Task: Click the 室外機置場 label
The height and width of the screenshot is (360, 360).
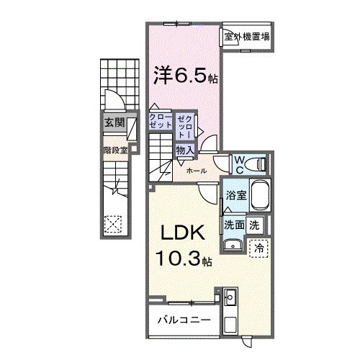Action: point(246,36)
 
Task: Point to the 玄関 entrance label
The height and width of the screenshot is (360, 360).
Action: point(113,122)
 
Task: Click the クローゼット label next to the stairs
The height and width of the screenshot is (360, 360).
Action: point(161,120)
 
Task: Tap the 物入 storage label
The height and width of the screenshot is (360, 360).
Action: point(185,150)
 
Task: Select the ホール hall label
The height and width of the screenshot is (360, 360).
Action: point(197,171)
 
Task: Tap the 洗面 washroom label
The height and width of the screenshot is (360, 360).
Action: point(233,224)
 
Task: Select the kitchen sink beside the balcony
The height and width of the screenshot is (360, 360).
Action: point(230,297)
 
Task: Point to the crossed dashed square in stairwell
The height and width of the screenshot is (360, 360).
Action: point(113,223)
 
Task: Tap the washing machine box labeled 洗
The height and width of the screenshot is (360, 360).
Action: point(254,224)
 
